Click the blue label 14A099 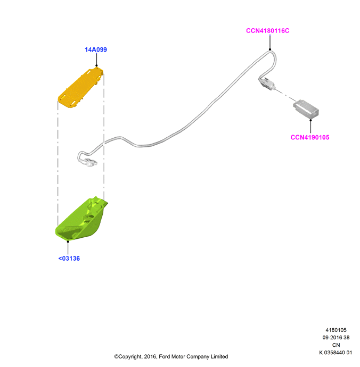click(x=96, y=49)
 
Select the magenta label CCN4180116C click(x=267, y=31)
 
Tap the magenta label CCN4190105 click(x=310, y=137)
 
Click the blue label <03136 click(x=69, y=258)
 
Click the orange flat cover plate click(x=81, y=88)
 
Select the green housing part click(x=81, y=219)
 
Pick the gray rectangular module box click(x=306, y=110)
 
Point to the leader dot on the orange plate click(x=96, y=66)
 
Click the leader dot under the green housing click(x=68, y=241)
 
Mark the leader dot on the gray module click(x=311, y=120)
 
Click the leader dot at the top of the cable click(x=270, y=49)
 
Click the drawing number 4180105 click(x=336, y=330)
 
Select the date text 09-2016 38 click(x=336, y=338)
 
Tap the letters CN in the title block click(x=336, y=345)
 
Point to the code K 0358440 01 click(x=336, y=353)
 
